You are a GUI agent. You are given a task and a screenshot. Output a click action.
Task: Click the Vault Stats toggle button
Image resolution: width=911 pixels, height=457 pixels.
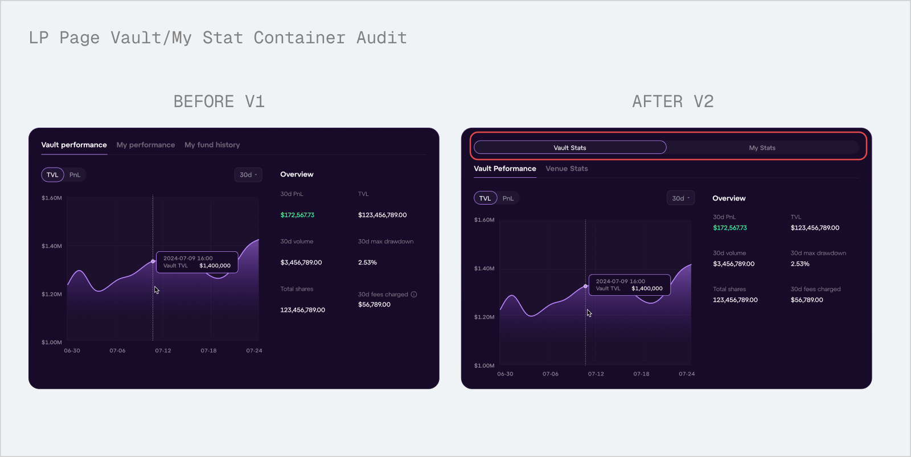[x=570, y=148]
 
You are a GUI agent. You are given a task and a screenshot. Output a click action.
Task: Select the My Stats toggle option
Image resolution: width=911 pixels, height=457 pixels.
[x=762, y=148]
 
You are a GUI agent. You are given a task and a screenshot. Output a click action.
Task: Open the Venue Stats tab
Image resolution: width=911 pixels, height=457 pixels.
[x=567, y=169]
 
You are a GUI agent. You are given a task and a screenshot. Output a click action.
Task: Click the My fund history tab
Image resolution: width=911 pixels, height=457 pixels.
[x=212, y=145]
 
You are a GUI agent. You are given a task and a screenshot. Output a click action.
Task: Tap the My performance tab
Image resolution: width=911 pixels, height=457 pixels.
[x=146, y=145]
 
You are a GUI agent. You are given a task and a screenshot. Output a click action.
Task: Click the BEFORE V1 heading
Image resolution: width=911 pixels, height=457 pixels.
[x=219, y=101]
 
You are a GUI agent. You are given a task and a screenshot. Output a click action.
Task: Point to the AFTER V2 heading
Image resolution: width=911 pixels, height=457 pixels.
[x=672, y=101]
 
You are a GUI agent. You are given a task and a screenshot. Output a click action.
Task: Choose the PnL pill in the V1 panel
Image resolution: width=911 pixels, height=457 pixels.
[x=75, y=175]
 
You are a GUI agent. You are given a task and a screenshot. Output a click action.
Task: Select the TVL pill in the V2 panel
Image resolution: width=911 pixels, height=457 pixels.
[x=485, y=198]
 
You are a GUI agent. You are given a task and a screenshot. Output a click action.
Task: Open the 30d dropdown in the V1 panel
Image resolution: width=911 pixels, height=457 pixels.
[x=248, y=175]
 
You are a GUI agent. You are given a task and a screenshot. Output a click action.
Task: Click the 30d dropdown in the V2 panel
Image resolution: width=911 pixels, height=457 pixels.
[x=680, y=198]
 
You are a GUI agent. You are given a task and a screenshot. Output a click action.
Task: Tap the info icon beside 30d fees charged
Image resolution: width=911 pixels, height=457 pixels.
[x=414, y=295]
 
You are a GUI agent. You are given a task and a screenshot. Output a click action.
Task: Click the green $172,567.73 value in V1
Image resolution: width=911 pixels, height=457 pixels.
[x=297, y=215]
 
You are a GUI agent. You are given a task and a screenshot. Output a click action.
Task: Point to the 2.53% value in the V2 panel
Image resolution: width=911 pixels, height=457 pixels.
[x=800, y=264]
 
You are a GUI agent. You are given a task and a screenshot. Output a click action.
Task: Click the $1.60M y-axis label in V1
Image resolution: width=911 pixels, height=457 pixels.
[x=51, y=198]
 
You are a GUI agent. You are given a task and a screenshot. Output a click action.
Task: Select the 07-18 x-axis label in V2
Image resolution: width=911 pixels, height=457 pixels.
[x=641, y=374]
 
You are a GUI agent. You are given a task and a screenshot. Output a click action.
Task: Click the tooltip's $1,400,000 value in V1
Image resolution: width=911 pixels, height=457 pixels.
[x=215, y=266]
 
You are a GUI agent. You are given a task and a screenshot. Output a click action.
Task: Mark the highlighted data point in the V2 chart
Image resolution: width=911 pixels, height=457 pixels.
[x=585, y=286]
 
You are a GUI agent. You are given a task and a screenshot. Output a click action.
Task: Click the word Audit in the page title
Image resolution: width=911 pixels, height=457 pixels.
[x=381, y=38]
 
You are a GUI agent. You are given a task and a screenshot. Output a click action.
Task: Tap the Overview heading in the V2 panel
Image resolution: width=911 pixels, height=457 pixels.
[x=729, y=198]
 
